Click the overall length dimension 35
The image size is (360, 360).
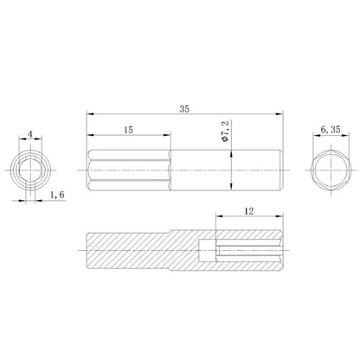[x=184, y=109]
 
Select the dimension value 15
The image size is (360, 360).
[x=129, y=130]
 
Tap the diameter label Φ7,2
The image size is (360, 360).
[x=225, y=132]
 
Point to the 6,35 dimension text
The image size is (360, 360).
[x=331, y=130]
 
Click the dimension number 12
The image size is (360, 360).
[x=249, y=211]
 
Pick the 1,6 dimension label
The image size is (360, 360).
[x=57, y=195]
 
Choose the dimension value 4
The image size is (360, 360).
[x=30, y=134]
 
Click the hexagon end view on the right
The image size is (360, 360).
[x=331, y=170]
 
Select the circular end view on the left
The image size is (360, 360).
[x=30, y=170]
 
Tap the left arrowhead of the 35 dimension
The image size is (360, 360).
[x=90, y=114]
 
